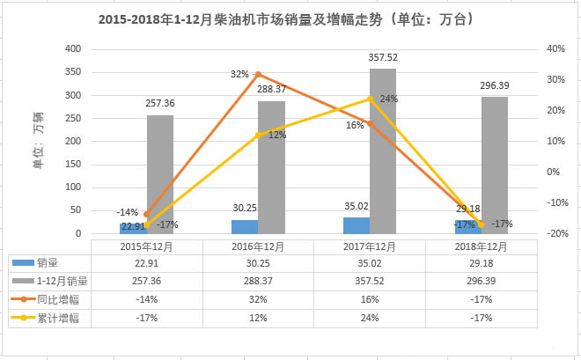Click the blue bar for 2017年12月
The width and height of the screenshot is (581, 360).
(x=356, y=225)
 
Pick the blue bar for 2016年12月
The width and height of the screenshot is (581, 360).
(x=245, y=226)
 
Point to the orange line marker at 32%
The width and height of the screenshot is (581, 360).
(x=257, y=74)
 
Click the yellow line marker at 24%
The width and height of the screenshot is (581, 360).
(x=370, y=99)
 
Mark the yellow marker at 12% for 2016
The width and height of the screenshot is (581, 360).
(x=258, y=135)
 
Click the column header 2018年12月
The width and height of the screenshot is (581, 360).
(x=481, y=246)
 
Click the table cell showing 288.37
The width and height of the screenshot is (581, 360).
(x=258, y=281)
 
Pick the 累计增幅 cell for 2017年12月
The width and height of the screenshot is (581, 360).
(x=369, y=318)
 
